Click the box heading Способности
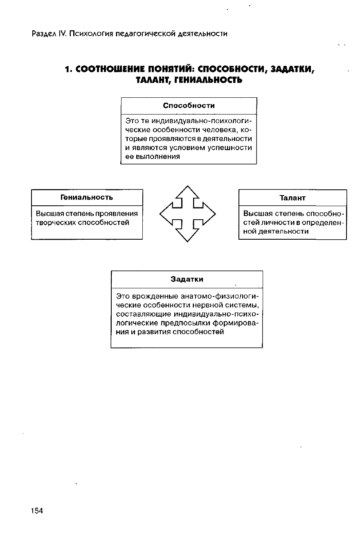coord(189,106)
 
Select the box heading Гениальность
coord(87,197)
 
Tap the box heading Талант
coord(292,198)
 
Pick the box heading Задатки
coord(187,279)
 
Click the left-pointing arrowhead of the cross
coord(166,214)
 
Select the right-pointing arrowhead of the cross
coord(208,214)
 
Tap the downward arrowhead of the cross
coord(187,235)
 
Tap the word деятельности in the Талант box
coord(289,231)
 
